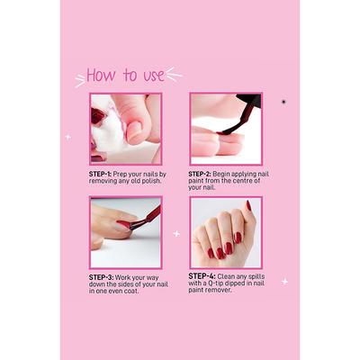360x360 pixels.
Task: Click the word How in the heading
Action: click(x=102, y=75)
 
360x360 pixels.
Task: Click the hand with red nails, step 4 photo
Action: click(x=225, y=229)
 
